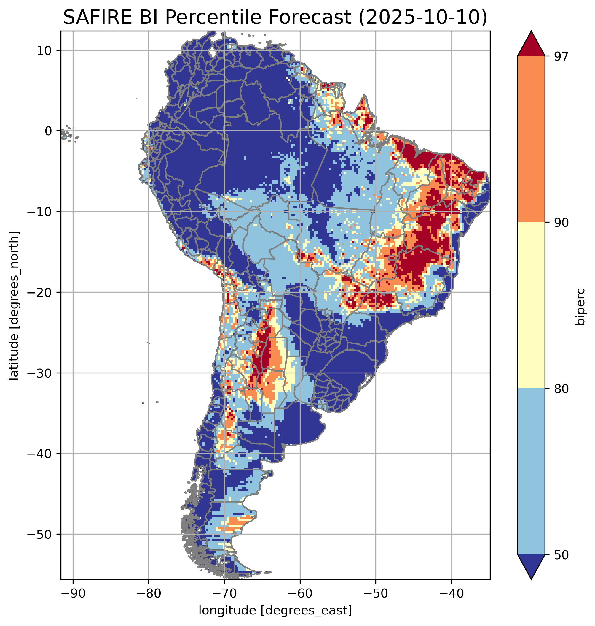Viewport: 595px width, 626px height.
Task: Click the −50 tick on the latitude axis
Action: pos(40,535)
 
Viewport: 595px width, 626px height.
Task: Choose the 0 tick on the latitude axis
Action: pos(48,131)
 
